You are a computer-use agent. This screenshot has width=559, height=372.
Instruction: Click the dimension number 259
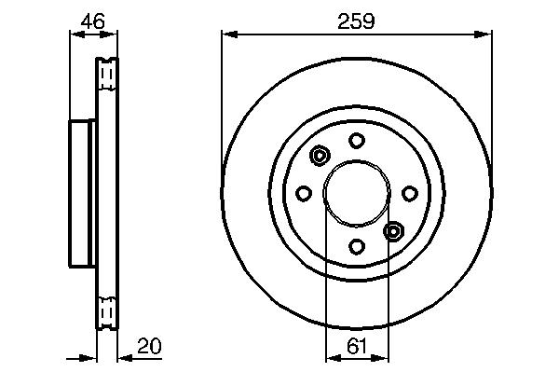356,21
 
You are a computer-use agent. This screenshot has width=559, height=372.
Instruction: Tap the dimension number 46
92,21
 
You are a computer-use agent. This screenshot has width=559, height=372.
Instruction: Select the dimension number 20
149,346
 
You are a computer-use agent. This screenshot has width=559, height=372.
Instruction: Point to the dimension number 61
357,346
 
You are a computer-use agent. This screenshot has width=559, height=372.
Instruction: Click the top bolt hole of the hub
357,141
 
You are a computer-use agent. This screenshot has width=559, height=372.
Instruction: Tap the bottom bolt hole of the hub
357,246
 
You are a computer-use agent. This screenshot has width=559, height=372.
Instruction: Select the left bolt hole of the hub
304,194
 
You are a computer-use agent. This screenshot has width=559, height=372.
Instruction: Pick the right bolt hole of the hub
410,193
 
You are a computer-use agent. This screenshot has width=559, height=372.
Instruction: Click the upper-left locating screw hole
320,156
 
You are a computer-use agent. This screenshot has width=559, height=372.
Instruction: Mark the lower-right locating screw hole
393,231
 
